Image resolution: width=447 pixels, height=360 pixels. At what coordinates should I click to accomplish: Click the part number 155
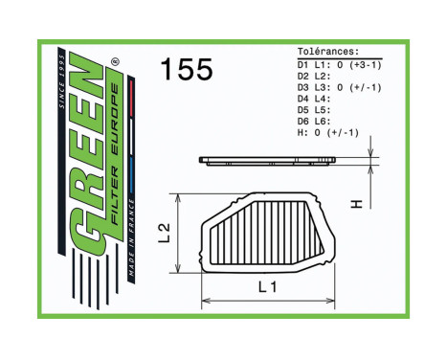(186, 70)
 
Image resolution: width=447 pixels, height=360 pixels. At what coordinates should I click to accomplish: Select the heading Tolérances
(328, 52)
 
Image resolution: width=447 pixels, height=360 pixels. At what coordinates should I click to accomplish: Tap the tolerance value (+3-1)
(364, 64)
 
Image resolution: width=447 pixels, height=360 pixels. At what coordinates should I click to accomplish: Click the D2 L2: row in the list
(317, 76)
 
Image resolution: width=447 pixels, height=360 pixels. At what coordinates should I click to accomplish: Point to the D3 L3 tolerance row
(339, 87)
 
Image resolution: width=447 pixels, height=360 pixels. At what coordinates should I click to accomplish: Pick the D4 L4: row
(317, 99)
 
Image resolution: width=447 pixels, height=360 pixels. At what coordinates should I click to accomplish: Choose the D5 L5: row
(317, 110)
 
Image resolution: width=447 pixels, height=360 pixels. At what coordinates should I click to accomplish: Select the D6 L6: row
(317, 122)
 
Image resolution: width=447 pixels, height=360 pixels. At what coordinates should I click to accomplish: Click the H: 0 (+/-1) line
(327, 133)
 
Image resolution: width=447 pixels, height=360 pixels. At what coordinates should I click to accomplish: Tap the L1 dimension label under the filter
(267, 286)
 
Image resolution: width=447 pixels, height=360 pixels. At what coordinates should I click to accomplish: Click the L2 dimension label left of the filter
(164, 232)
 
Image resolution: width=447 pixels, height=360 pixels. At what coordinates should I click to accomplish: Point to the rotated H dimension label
(355, 204)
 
